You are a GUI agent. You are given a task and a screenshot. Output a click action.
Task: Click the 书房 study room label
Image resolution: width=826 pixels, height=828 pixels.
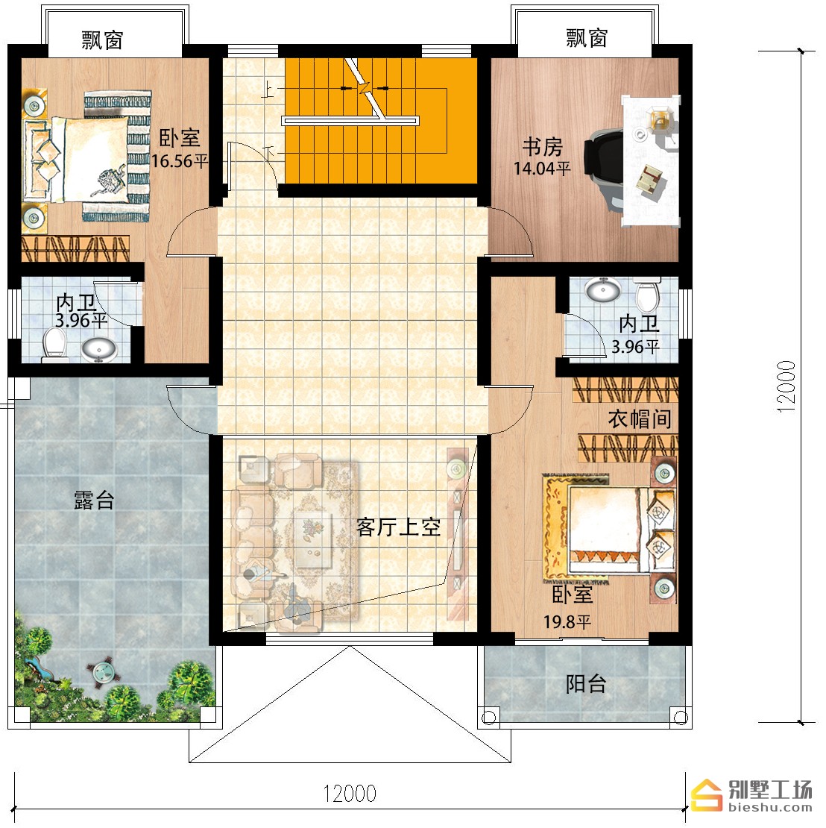coord(543,147)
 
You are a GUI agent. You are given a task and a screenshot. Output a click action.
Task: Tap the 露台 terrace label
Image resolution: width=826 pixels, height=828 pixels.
coord(94,500)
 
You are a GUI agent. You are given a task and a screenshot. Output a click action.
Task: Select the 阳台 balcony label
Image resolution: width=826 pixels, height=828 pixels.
coord(586,684)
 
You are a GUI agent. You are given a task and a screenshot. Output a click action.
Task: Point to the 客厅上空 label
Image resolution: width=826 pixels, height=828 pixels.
coord(399,527)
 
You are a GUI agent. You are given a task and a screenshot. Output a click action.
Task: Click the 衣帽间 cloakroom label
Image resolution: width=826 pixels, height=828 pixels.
coord(640,419)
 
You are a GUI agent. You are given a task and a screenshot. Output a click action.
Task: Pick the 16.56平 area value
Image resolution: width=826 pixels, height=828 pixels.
coord(180,161)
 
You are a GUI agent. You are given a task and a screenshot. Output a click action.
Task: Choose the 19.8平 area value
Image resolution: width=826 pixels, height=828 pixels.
coord(567,622)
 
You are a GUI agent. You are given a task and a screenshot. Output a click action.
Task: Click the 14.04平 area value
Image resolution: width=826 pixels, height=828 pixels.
coord(543,169)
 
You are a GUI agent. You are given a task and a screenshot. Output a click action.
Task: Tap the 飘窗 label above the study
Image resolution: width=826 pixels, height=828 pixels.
coord(587,38)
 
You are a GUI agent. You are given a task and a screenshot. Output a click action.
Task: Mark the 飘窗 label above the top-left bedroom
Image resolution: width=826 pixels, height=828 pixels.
coord(102,40)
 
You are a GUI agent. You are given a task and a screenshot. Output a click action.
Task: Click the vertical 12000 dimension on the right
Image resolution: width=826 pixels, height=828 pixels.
coord(786,386)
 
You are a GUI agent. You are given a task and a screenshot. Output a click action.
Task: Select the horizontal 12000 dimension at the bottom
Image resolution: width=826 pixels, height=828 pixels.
coord(350,794)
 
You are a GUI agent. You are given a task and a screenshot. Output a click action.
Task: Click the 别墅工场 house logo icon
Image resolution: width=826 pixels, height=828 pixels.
coord(707,794)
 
